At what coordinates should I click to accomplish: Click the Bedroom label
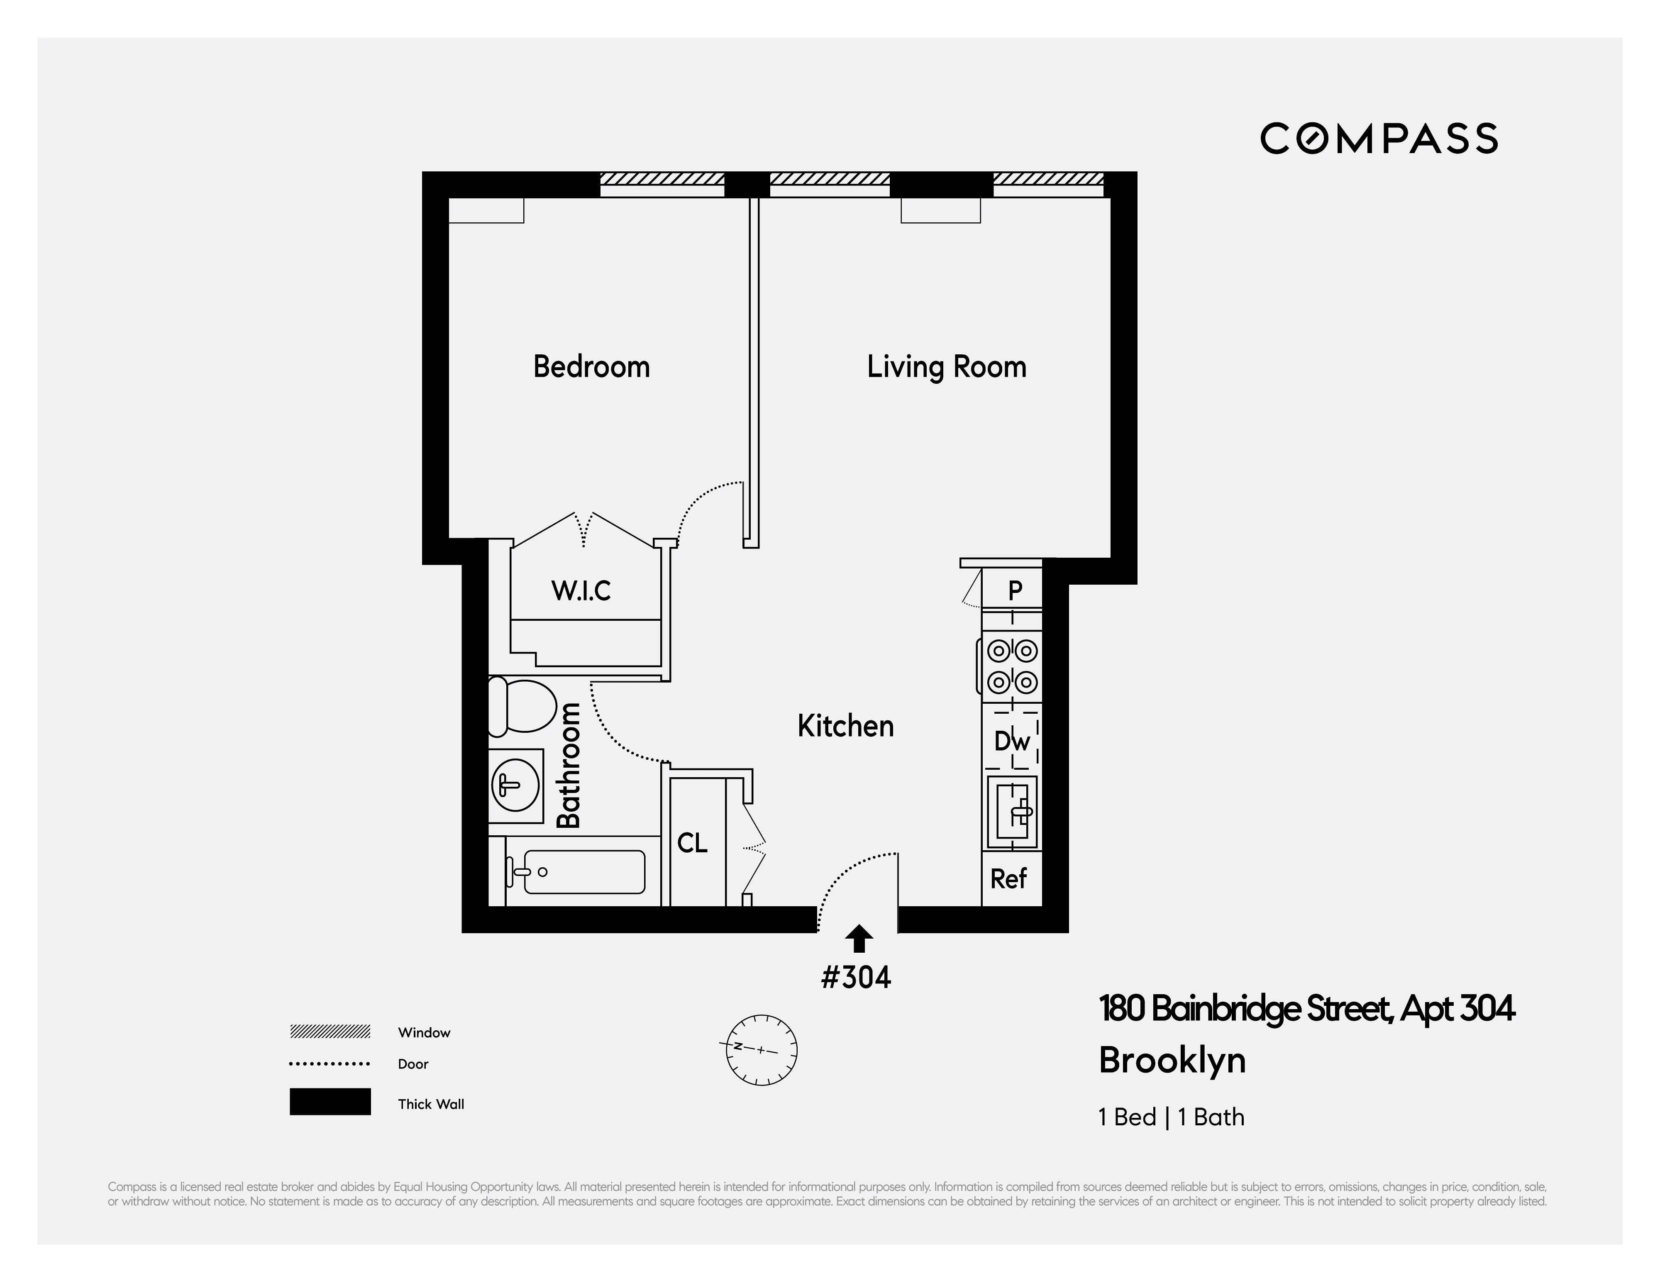[x=591, y=367]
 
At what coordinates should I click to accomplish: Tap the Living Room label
[x=946, y=367]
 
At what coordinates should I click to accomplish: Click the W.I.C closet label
[x=581, y=590]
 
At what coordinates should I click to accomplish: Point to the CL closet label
[x=692, y=843]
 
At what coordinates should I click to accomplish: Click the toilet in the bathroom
[x=523, y=707]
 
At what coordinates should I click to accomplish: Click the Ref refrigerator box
[x=1009, y=879]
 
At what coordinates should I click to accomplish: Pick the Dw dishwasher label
[x=1012, y=741]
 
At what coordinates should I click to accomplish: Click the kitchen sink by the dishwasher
[x=1012, y=812]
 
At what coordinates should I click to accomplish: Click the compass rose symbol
[x=762, y=1050]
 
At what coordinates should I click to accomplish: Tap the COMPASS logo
[x=1379, y=138]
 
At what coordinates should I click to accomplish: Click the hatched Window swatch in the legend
[x=330, y=1032]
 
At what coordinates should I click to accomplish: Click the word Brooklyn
[x=1172, y=1061]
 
